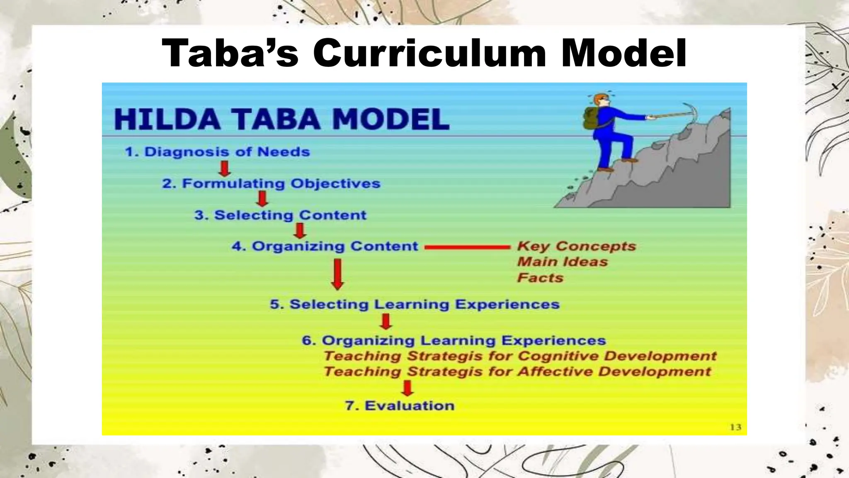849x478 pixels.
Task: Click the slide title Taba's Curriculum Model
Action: click(x=424, y=54)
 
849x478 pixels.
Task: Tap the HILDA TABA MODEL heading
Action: click(x=281, y=119)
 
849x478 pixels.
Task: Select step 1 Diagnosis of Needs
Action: click(x=217, y=152)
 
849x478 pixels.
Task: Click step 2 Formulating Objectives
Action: click(x=271, y=183)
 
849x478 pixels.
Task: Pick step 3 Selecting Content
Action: click(x=281, y=215)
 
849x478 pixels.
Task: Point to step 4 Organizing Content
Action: click(x=325, y=246)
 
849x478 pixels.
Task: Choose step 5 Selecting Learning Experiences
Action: click(x=415, y=304)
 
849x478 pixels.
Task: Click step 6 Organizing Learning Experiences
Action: click(x=454, y=341)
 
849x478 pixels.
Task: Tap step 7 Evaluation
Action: click(x=400, y=405)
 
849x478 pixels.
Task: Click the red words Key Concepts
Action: click(x=576, y=246)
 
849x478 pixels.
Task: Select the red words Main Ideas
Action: click(x=562, y=262)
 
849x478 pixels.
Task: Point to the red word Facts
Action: click(x=540, y=278)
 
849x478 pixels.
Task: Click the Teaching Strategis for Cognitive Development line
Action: click(x=520, y=356)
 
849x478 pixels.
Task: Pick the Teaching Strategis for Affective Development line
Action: click(x=517, y=371)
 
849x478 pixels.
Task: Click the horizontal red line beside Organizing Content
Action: click(x=467, y=247)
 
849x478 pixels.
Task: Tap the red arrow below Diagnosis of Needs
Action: click(x=225, y=168)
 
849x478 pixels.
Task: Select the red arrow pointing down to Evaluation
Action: click(x=408, y=388)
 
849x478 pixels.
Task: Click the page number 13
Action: click(x=735, y=427)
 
